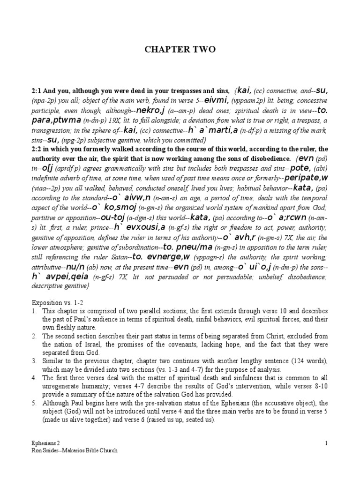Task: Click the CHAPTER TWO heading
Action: pyautogui.click(x=180, y=50)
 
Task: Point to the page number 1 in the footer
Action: pyautogui.click(x=325, y=442)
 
